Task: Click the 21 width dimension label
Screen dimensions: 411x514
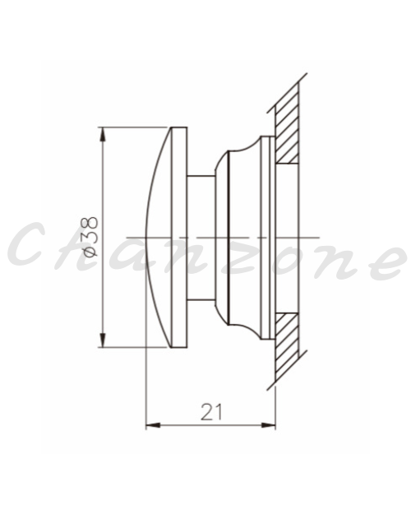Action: click(211, 412)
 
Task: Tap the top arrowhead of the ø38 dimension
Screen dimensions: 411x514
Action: click(103, 134)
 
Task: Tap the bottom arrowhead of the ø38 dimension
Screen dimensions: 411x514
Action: click(103, 340)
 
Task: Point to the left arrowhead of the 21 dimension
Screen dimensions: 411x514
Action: click(153, 425)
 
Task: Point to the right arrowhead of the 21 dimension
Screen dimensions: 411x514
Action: click(268, 425)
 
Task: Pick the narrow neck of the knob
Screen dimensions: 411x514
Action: click(201, 238)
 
